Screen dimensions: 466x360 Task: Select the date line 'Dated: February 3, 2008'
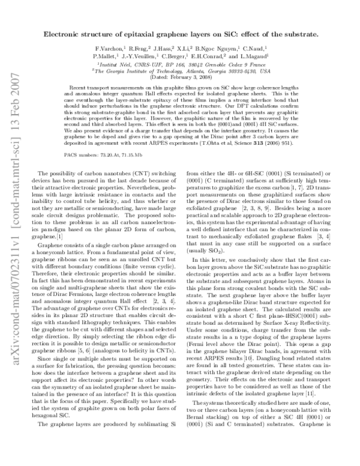[183, 77]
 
